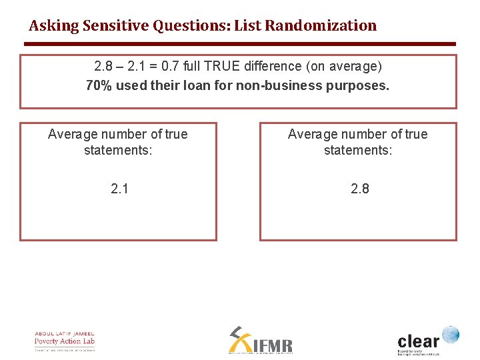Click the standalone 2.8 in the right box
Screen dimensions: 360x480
tap(359, 189)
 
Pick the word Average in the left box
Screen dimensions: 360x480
tap(72, 134)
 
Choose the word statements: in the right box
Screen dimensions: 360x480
tap(358, 150)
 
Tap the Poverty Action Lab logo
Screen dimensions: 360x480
tap(65, 341)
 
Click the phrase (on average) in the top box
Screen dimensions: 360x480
tap(353, 67)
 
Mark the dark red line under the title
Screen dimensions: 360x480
tap(240, 44)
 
